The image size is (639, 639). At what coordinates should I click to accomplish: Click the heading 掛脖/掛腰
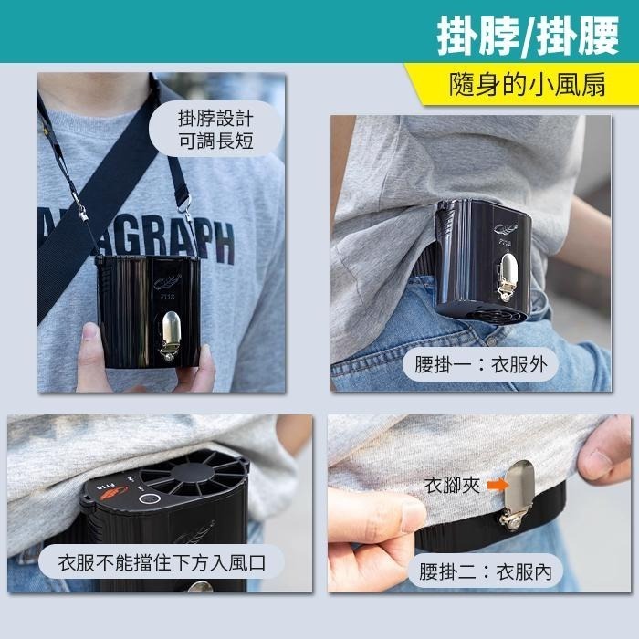pos(529,35)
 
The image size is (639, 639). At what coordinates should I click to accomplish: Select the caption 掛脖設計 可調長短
pos(215,129)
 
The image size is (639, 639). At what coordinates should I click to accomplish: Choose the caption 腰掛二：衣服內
pos(486,572)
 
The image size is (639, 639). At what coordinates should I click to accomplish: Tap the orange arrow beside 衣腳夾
pos(494,485)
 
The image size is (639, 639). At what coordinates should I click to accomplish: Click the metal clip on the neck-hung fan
pos(171,334)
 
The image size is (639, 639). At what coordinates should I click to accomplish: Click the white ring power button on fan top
pos(149,500)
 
